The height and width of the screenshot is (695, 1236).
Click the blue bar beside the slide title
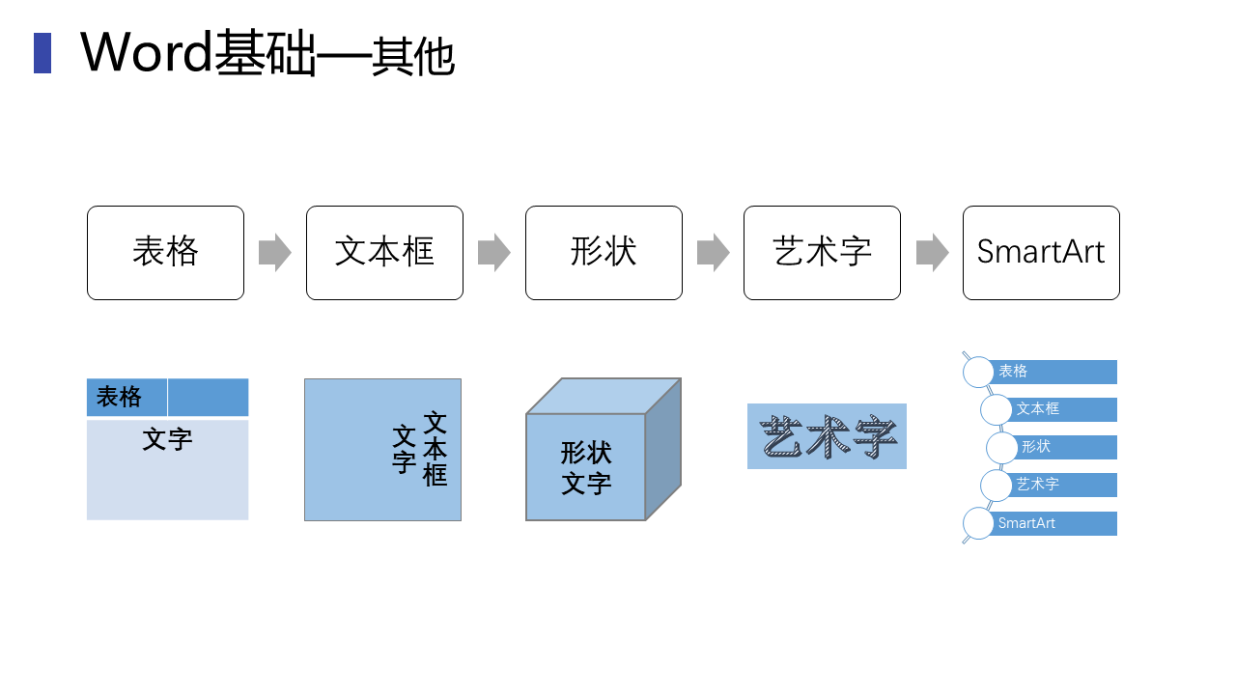click(x=42, y=53)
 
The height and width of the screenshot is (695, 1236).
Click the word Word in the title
click(x=146, y=52)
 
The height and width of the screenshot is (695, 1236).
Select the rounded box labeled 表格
click(x=165, y=253)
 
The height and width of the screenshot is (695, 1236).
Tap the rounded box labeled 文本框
click(x=384, y=253)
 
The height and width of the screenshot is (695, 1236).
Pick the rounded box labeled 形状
click(x=604, y=253)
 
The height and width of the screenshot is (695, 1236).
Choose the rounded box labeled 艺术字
click(x=822, y=253)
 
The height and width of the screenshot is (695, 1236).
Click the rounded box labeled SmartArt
click(x=1041, y=253)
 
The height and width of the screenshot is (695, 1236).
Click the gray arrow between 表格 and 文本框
click(x=275, y=253)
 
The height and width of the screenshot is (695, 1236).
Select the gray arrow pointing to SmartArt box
click(x=932, y=253)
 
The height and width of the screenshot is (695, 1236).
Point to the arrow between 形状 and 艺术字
click(x=713, y=253)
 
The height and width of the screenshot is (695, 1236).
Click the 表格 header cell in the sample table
click(x=120, y=397)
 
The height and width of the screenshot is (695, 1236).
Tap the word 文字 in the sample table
click(x=167, y=440)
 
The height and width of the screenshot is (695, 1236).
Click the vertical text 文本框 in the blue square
click(x=435, y=449)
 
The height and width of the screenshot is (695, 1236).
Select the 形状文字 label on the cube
click(x=586, y=467)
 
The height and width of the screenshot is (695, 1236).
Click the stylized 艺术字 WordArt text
click(x=828, y=437)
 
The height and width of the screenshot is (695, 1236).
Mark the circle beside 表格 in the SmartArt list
click(x=978, y=372)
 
